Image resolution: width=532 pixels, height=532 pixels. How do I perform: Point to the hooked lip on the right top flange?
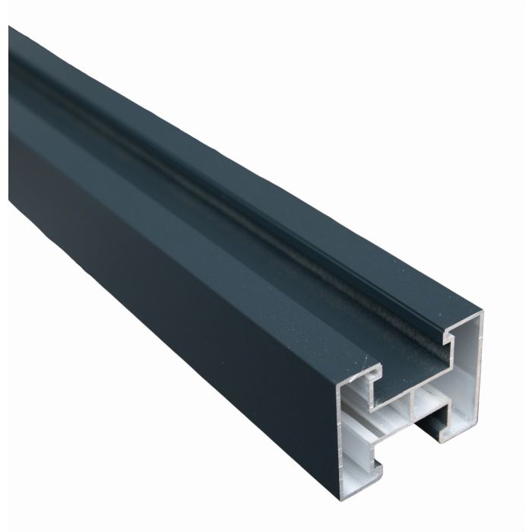pos(456,335)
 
